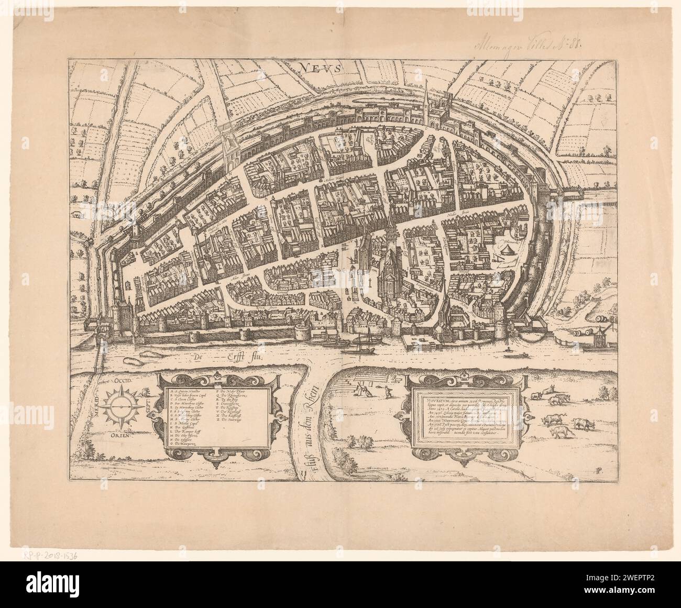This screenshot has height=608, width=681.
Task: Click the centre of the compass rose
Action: coord(120,406)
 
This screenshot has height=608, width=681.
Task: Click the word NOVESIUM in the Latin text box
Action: coord(430,397)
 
